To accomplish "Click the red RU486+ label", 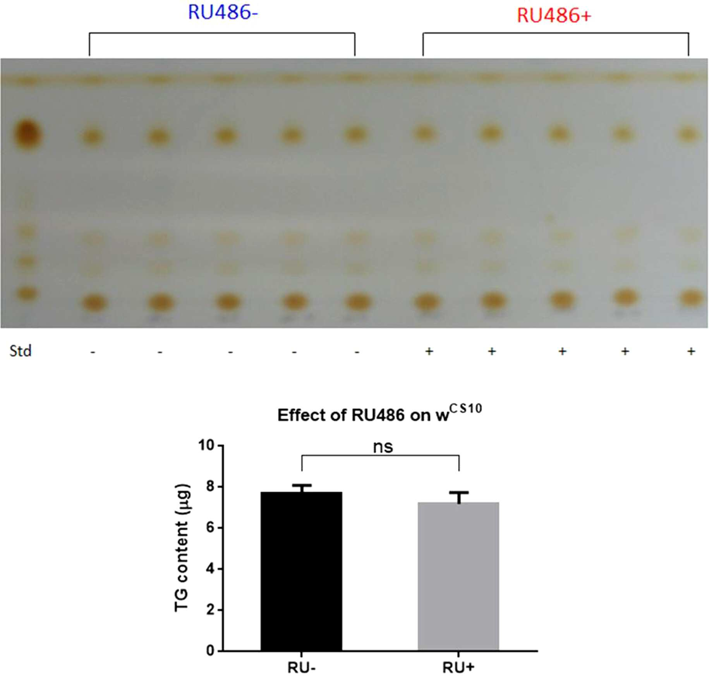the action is [554, 15].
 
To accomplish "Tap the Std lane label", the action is [21, 351].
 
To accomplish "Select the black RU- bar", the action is [301, 571].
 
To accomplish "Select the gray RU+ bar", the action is [458, 576].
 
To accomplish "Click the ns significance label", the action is [383, 447].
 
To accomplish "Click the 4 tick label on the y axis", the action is [210, 569].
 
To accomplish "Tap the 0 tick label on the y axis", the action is [210, 651].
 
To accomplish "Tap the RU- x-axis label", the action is [301, 668].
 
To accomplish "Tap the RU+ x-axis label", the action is [458, 668].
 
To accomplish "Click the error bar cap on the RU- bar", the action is [301, 485].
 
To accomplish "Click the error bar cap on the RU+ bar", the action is [459, 493].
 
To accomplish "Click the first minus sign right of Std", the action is [93, 352].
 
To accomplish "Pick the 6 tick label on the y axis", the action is [210, 528].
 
